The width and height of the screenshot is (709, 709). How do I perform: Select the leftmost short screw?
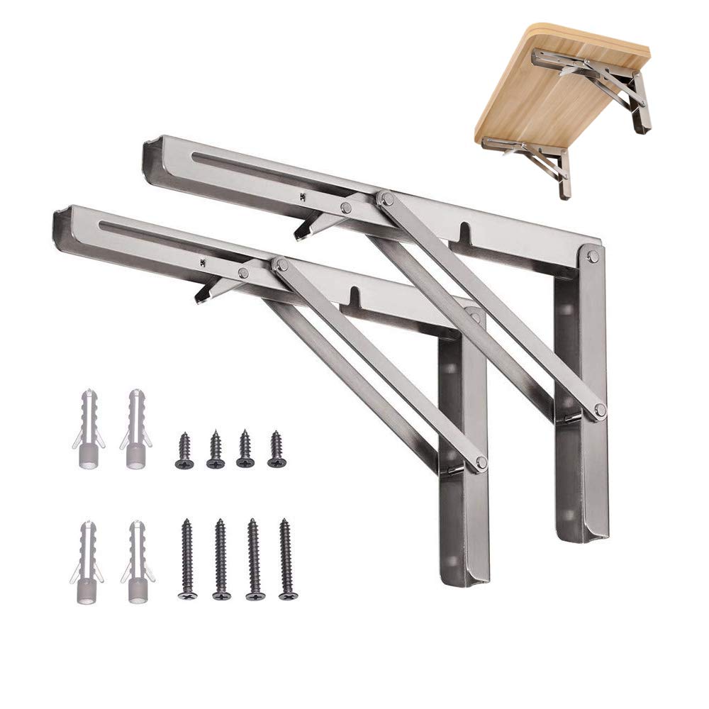click(184, 450)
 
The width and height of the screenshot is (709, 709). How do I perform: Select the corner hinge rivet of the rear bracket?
click(593, 256)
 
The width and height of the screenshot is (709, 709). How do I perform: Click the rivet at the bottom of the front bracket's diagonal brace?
click(481, 463)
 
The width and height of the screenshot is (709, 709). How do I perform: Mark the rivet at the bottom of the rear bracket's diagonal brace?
click(600, 410)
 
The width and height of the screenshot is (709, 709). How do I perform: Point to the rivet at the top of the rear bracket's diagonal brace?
click(386, 199)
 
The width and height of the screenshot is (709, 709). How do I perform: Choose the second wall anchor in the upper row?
click(135, 429)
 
